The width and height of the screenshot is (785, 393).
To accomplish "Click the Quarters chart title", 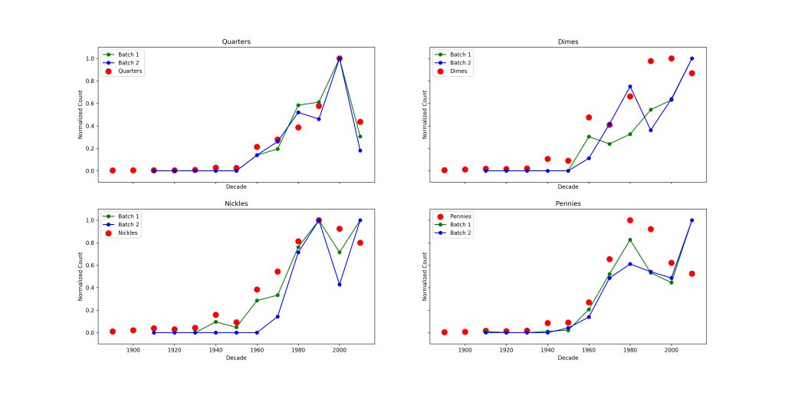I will click(x=235, y=41).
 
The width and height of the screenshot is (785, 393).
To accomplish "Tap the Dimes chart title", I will click(x=567, y=41).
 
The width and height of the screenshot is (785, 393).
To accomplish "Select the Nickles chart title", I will click(x=235, y=203).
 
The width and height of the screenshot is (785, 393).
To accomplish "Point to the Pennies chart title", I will click(x=567, y=203).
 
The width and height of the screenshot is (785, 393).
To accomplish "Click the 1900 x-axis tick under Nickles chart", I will click(x=133, y=350).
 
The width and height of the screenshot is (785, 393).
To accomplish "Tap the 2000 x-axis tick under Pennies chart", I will click(x=671, y=350).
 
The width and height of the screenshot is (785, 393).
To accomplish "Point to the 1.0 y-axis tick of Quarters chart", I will click(x=89, y=58).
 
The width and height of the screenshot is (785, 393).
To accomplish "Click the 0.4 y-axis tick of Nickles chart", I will click(x=89, y=288).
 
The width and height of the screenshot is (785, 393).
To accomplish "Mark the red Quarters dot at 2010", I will click(x=360, y=122).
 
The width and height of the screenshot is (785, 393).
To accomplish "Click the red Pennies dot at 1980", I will click(x=630, y=220).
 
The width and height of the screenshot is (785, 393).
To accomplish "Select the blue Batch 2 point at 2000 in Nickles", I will click(x=339, y=285).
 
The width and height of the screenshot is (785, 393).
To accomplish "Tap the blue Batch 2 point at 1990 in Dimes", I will click(x=650, y=130).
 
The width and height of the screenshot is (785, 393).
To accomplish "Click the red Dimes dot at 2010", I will click(x=691, y=73).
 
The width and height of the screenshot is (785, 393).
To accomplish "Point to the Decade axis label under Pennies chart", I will click(x=567, y=358).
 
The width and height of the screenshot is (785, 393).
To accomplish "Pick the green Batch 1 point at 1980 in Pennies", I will click(x=630, y=239).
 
